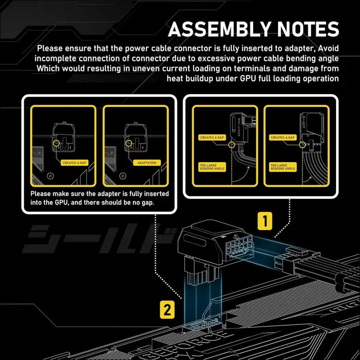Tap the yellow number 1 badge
coord(265,221)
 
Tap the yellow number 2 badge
coord(166,310)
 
